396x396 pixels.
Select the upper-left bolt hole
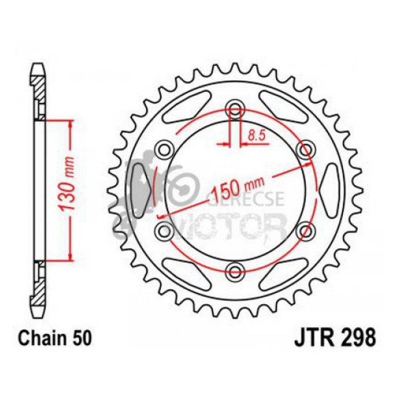[166, 149]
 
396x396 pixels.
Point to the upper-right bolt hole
[305, 149]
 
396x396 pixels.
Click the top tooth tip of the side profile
[39, 67]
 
